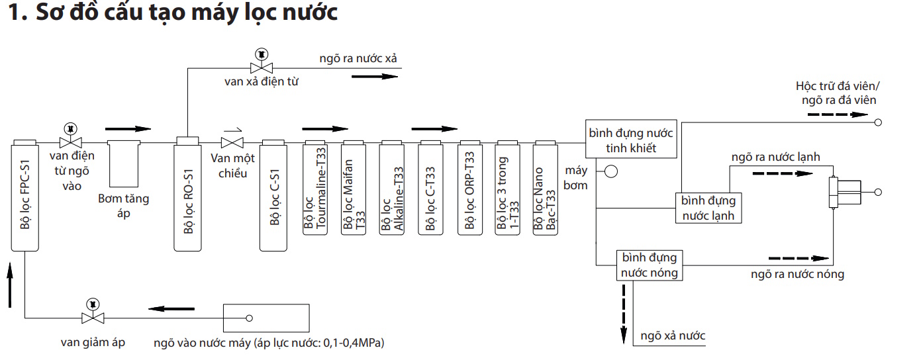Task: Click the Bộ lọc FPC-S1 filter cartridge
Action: [x=24, y=195]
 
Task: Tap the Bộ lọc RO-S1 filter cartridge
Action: [x=187, y=194]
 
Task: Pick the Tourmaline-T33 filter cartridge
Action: [x=315, y=188]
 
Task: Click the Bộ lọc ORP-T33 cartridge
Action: [x=470, y=188]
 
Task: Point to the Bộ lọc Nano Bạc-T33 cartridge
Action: [x=545, y=188]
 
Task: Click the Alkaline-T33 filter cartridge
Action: [x=392, y=188]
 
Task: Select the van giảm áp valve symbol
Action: [x=93, y=312]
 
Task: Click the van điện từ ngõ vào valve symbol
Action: [x=71, y=136]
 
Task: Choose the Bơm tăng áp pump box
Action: [x=124, y=163]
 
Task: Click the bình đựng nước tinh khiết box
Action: [x=631, y=139]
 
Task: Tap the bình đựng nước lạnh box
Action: [x=708, y=208]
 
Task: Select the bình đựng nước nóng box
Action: [x=650, y=265]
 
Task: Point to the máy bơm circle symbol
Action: [x=611, y=171]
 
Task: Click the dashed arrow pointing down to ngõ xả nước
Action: [x=624, y=314]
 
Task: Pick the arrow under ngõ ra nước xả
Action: [x=375, y=77]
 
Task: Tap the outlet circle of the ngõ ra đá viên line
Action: [x=878, y=122]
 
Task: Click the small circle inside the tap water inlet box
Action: [x=249, y=318]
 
